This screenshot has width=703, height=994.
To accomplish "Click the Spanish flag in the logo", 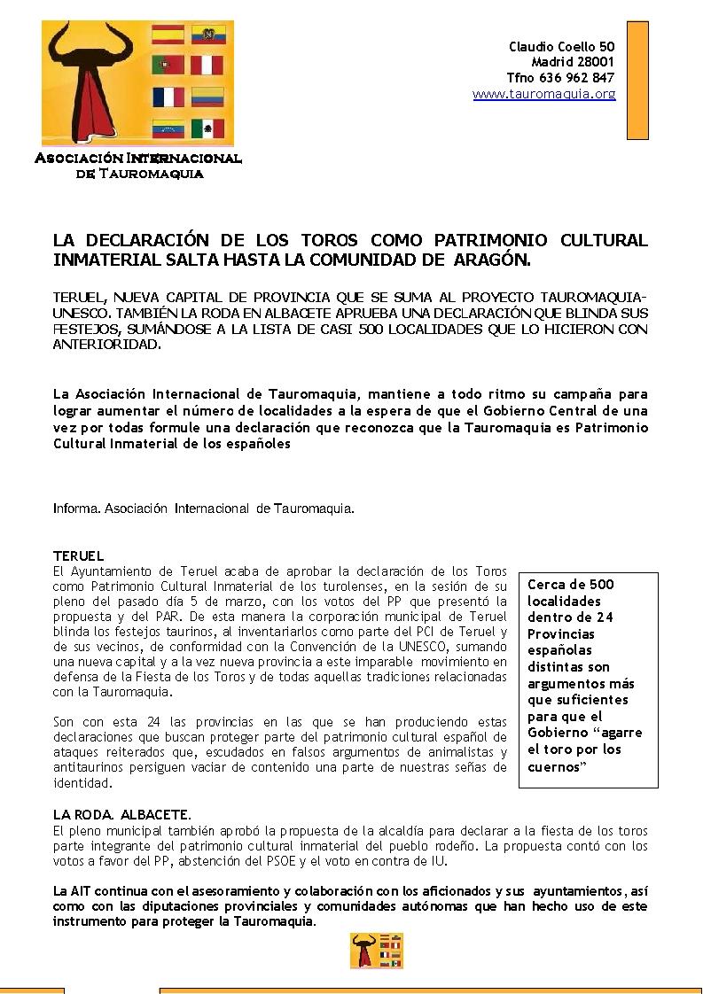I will point(168,35).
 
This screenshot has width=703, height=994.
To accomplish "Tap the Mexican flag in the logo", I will point(208,128).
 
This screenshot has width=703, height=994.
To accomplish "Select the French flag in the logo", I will point(168,97).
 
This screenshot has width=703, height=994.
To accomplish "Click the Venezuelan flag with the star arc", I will point(168,128).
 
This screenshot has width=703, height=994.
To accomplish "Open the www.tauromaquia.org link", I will point(543,94).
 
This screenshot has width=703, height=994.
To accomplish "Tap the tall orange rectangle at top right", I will point(637,80).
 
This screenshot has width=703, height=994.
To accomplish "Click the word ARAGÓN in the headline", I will point(491,260).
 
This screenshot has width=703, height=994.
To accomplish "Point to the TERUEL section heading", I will point(78,555).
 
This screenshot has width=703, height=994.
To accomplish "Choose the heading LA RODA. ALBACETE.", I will point(121,814).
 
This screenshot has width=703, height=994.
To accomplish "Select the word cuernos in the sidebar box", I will point(553,767).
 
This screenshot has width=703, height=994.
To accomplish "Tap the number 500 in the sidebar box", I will point(601,584).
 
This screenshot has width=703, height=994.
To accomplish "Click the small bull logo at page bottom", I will point(377,951).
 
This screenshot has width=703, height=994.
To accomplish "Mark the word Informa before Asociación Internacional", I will point(76,509).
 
